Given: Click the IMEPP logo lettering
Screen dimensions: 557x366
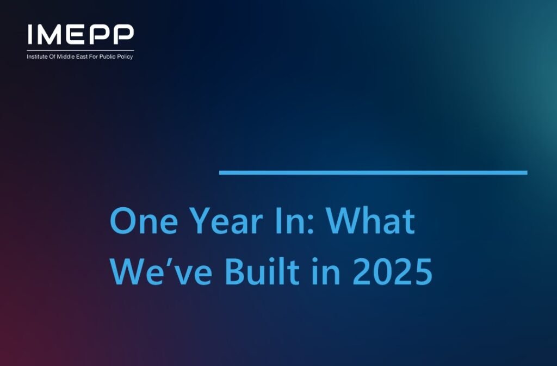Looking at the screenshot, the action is click(81, 34).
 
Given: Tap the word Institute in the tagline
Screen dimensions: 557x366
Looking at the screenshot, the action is click(36, 57).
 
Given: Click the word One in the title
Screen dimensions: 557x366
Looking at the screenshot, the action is click(144, 221).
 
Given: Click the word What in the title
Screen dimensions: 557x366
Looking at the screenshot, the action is click(370, 221).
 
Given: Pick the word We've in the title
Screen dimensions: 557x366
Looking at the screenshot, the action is click(161, 271).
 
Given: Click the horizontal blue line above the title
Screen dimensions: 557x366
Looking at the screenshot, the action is click(373, 173).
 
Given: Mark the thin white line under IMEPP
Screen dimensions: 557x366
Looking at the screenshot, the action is click(81, 51).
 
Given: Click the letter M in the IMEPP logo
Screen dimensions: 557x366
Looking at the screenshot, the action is click(49, 34).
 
